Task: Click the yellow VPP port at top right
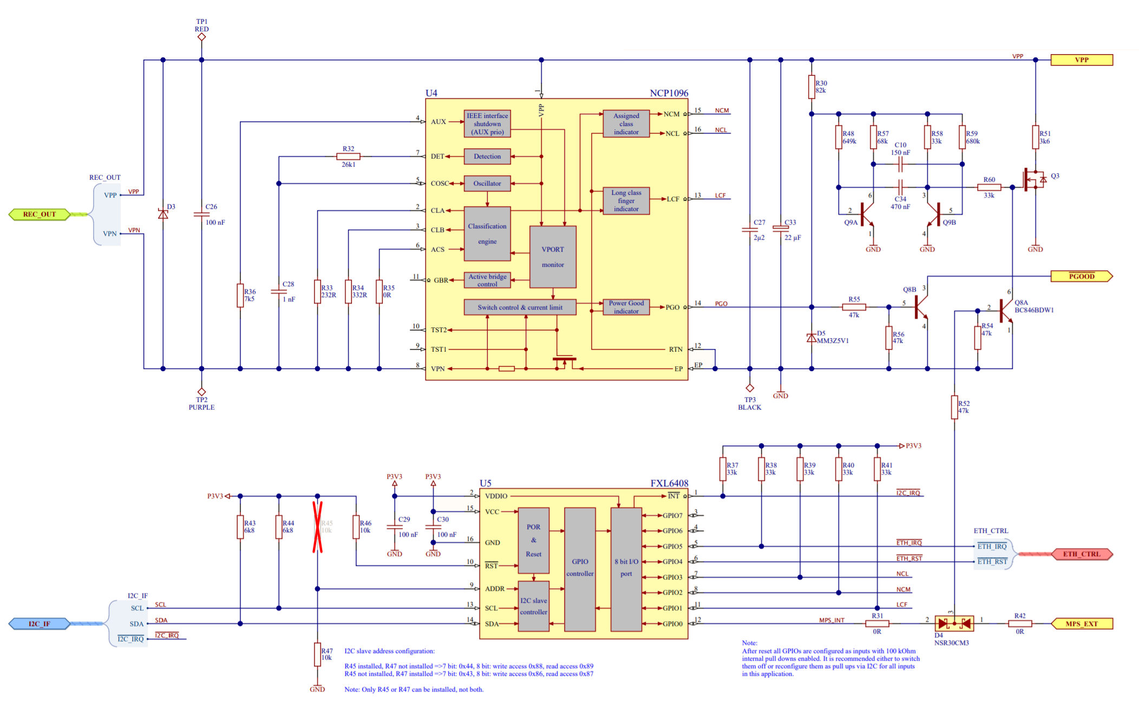(x=1081, y=60)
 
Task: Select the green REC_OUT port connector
(x=40, y=214)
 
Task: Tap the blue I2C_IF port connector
(x=40, y=624)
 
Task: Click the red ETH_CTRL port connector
(x=1081, y=554)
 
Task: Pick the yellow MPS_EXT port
(x=1081, y=624)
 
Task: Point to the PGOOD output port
(x=1081, y=276)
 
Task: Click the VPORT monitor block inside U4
(x=553, y=257)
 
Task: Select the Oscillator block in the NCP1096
(x=487, y=183)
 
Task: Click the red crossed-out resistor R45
(x=318, y=527)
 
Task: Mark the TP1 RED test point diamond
(x=201, y=37)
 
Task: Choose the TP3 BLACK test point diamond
(x=750, y=388)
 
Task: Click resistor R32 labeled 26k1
(x=348, y=156)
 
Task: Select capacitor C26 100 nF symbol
(x=201, y=214)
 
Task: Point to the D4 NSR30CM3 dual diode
(x=954, y=624)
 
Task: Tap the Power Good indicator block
(x=626, y=307)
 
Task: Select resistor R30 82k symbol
(x=811, y=87)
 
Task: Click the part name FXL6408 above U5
(x=669, y=483)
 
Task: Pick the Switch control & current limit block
(x=520, y=307)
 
